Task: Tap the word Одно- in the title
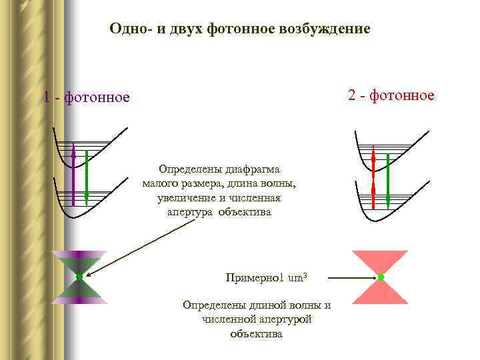(131, 30)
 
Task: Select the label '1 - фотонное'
(86, 98)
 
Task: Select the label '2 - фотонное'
(391, 96)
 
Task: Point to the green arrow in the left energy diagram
(87, 177)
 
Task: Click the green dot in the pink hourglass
(380, 277)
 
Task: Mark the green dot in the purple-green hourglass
(79, 277)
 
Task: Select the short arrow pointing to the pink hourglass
(350, 277)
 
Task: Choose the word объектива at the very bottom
(256, 333)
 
